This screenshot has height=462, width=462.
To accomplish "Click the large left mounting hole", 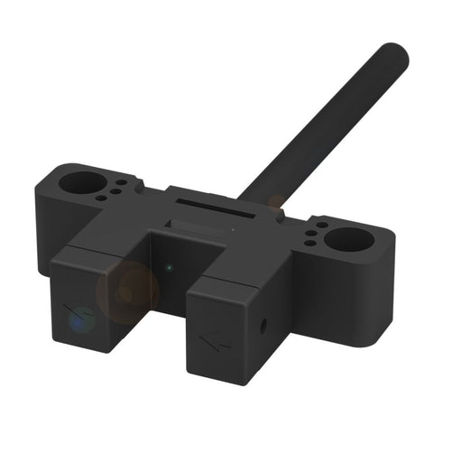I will (x=81, y=183).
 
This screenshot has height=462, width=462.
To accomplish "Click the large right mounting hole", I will (x=351, y=239).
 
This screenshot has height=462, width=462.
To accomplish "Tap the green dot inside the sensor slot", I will (x=170, y=267).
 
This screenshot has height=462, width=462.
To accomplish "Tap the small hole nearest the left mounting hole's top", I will (x=121, y=181).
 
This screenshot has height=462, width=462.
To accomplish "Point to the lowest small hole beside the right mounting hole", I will (x=310, y=243).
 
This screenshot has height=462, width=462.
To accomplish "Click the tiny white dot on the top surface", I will (x=233, y=229).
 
